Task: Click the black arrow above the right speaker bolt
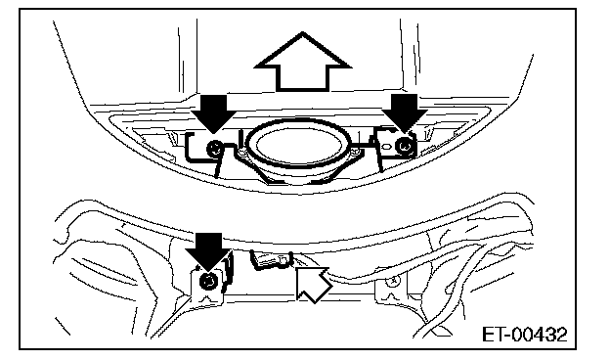(404, 112)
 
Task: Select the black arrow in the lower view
(209, 250)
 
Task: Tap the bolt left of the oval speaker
(214, 149)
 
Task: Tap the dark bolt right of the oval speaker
(405, 146)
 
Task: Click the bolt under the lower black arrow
(208, 281)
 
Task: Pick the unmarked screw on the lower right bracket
(392, 280)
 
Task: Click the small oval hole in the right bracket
(386, 147)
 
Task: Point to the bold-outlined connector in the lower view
(271, 259)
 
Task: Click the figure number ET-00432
(524, 335)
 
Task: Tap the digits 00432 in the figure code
(539, 335)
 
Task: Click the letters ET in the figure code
(493, 335)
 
